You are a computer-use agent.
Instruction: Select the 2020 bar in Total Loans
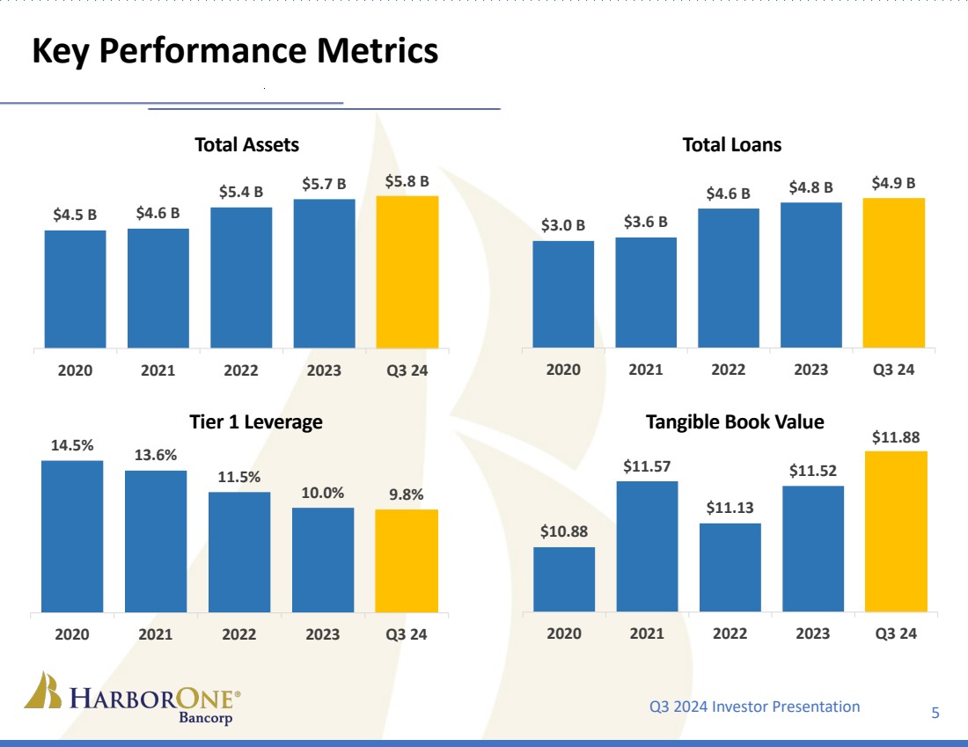pos(563,294)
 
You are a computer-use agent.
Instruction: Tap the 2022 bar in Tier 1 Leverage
pos(239,552)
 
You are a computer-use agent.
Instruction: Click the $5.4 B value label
pos(241,191)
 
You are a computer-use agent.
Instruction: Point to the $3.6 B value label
pos(646,221)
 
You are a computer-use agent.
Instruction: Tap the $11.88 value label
pos(896,436)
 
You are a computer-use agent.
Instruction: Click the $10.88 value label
pos(564,531)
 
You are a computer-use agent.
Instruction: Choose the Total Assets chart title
pos(246,144)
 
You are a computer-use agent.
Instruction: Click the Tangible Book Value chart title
pos(735,421)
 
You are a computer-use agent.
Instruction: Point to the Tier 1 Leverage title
pos(256,421)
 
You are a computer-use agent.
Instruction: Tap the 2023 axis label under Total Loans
pos(811,370)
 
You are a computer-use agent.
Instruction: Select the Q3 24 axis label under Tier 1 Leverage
pos(407,633)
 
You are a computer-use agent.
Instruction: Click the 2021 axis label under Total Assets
pos(158,370)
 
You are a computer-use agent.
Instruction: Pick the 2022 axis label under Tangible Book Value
pos(730,633)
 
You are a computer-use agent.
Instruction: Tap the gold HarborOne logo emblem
pos(41,691)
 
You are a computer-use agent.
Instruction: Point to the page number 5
pos(935,712)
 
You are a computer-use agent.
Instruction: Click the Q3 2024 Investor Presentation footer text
pos(754,706)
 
